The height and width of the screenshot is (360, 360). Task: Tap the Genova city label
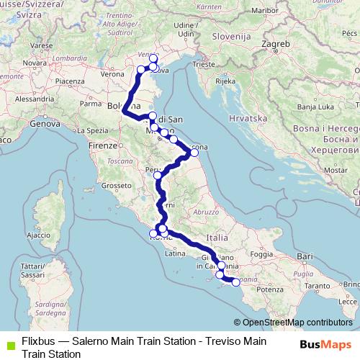pos(45,123)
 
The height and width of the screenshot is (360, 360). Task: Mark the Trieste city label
pos(204,64)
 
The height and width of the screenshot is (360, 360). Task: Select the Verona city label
pos(112,73)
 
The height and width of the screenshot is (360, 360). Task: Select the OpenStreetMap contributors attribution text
pos(297,323)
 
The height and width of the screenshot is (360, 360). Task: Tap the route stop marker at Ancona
pos(194,153)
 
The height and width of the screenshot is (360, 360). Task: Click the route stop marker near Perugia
pos(158,174)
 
